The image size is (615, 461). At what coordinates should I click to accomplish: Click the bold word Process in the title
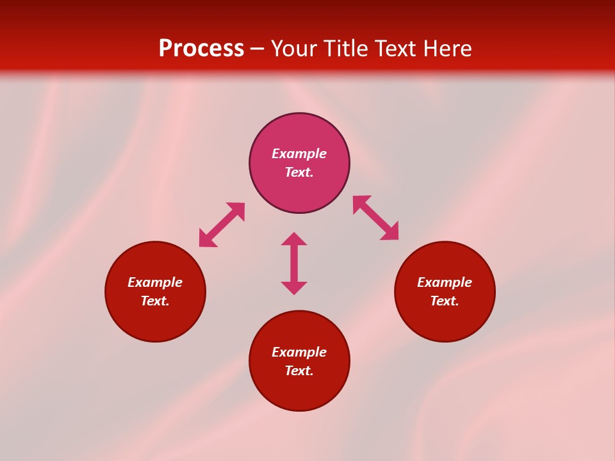point(201,49)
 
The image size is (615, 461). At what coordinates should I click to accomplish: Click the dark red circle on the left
point(155,320)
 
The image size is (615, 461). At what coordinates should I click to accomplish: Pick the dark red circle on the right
point(445,320)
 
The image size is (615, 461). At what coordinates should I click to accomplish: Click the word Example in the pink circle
point(299,154)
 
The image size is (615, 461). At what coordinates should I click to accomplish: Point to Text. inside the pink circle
point(299,172)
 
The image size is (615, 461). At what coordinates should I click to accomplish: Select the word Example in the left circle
point(155,282)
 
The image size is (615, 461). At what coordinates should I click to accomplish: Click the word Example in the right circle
point(445,282)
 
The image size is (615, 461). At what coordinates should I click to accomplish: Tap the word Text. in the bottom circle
point(299,371)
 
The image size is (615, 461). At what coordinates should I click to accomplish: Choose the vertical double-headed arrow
point(294,263)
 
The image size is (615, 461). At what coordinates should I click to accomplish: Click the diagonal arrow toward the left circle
point(222,225)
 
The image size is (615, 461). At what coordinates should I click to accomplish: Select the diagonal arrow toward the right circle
point(376,218)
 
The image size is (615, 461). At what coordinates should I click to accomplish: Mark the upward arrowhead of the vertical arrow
point(294,239)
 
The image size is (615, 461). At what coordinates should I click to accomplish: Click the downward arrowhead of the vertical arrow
point(294,287)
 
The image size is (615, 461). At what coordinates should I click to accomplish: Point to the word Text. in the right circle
point(445,301)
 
